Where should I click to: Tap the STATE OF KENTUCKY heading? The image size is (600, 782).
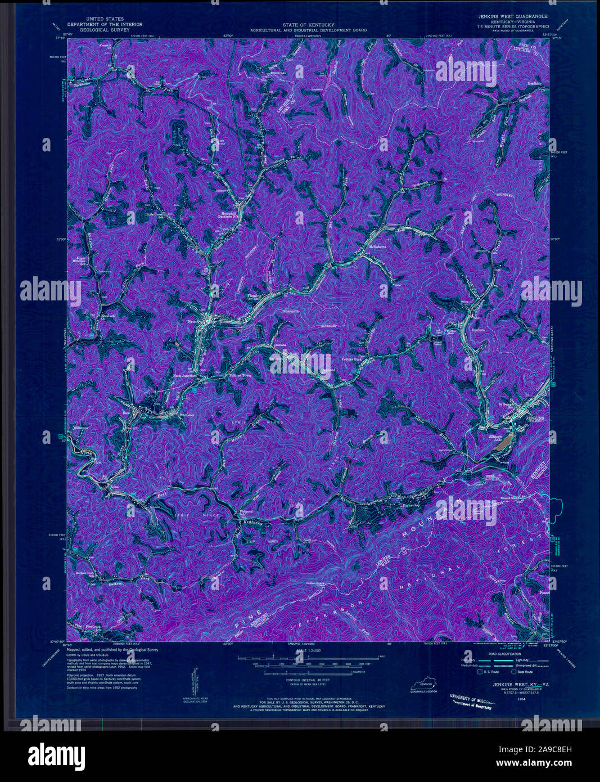pyautogui.click(x=308, y=25)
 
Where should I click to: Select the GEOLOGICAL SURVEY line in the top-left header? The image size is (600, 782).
pyautogui.click(x=105, y=29)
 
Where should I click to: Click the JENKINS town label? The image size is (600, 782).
pyautogui.click(x=534, y=419)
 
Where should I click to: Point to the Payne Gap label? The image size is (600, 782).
pyautogui.click(x=410, y=505)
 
